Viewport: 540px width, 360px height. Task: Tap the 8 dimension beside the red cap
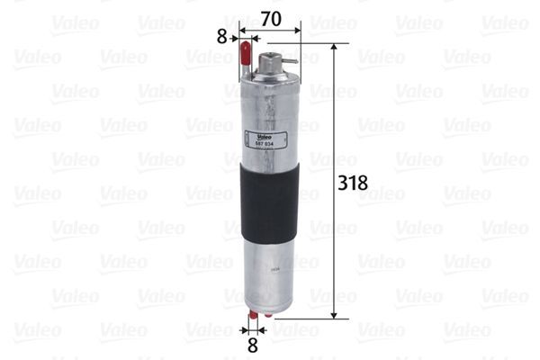click(x=222, y=39)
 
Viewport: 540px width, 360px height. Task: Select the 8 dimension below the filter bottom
click(x=252, y=343)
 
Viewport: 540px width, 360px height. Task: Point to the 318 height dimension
click(x=351, y=183)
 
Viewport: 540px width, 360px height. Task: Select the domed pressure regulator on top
click(x=269, y=64)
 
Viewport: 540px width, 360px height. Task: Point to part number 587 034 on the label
click(x=254, y=143)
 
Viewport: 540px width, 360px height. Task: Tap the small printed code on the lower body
click(x=267, y=266)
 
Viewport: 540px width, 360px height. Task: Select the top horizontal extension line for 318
click(x=315, y=42)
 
